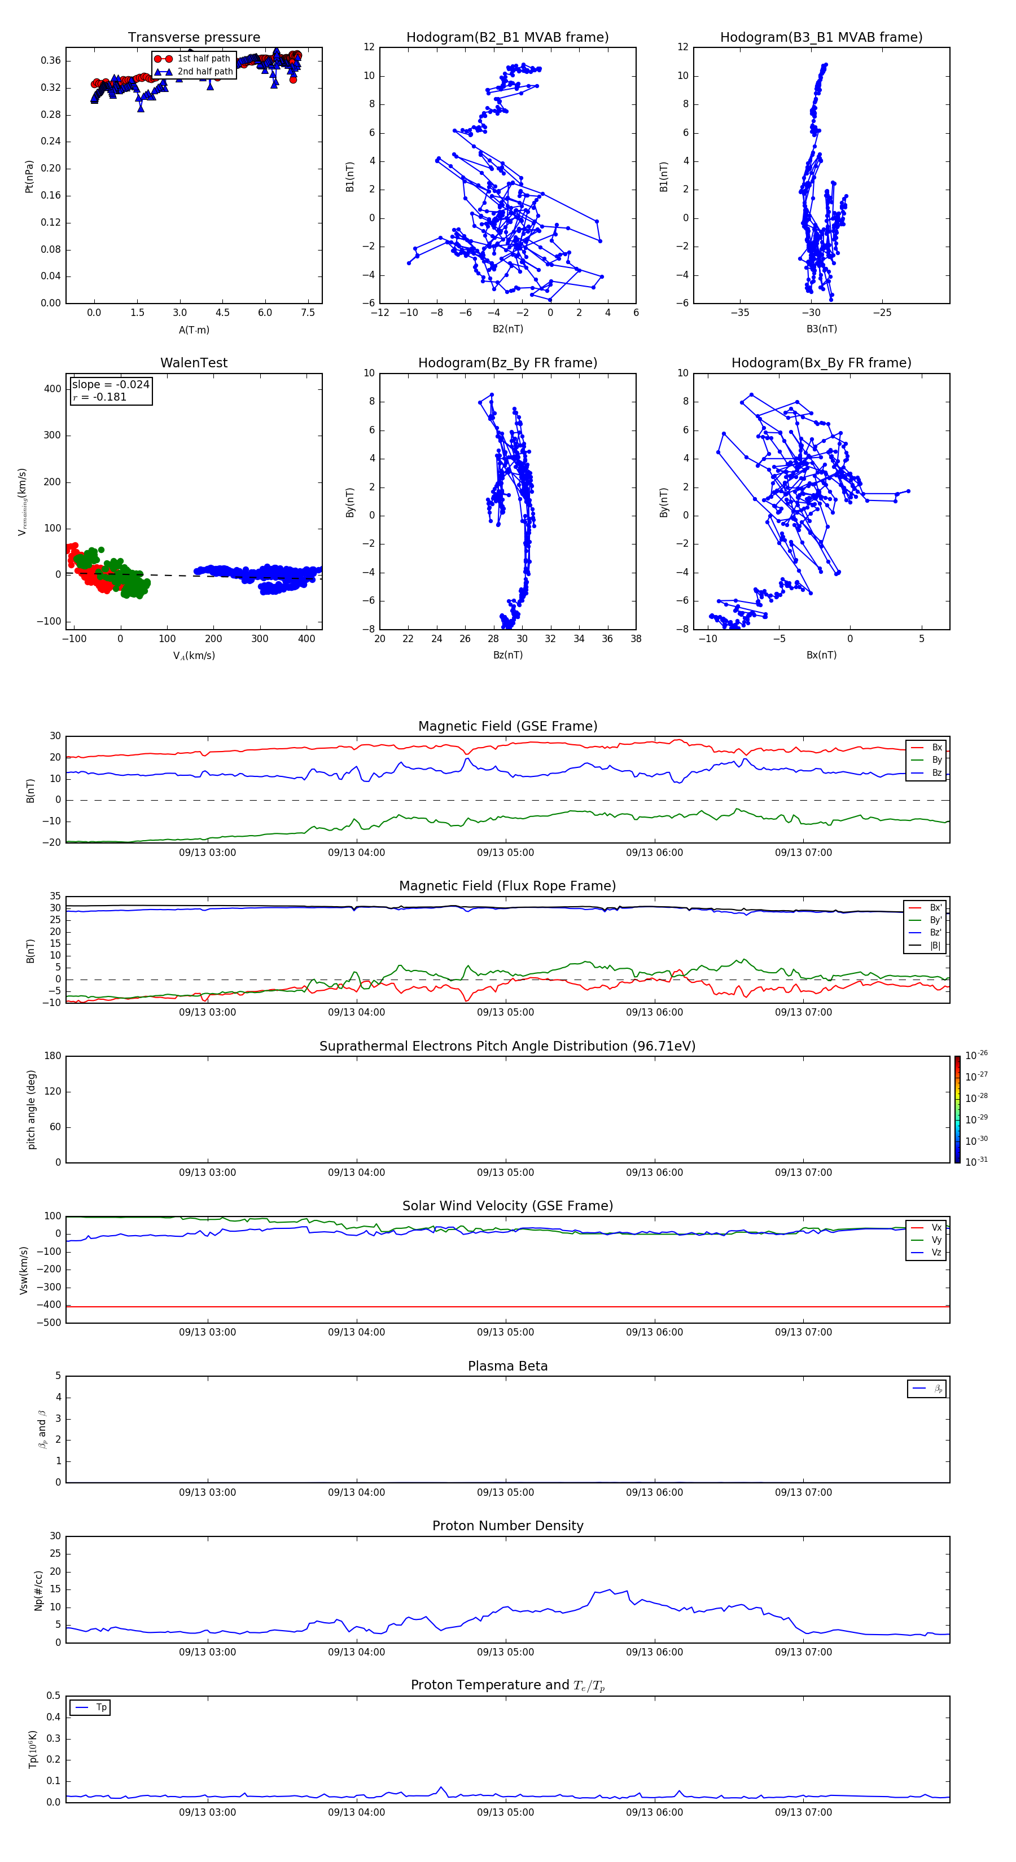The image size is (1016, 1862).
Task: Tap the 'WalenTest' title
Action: pos(194,363)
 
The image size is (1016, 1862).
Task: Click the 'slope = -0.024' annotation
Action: pos(111,385)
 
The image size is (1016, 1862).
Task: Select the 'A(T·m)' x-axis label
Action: pos(194,330)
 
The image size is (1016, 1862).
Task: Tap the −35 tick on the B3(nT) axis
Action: pos(740,313)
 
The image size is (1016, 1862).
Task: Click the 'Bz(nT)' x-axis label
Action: pos(507,655)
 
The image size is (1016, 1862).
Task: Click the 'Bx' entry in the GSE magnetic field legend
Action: pos(936,748)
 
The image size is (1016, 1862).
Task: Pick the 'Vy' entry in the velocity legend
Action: pos(936,1240)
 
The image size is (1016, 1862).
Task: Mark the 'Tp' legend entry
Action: pos(101,1707)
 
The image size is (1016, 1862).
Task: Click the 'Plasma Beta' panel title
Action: pos(507,1366)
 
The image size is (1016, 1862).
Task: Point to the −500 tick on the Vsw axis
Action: pos(51,1323)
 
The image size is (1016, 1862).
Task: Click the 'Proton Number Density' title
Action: pos(507,1526)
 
